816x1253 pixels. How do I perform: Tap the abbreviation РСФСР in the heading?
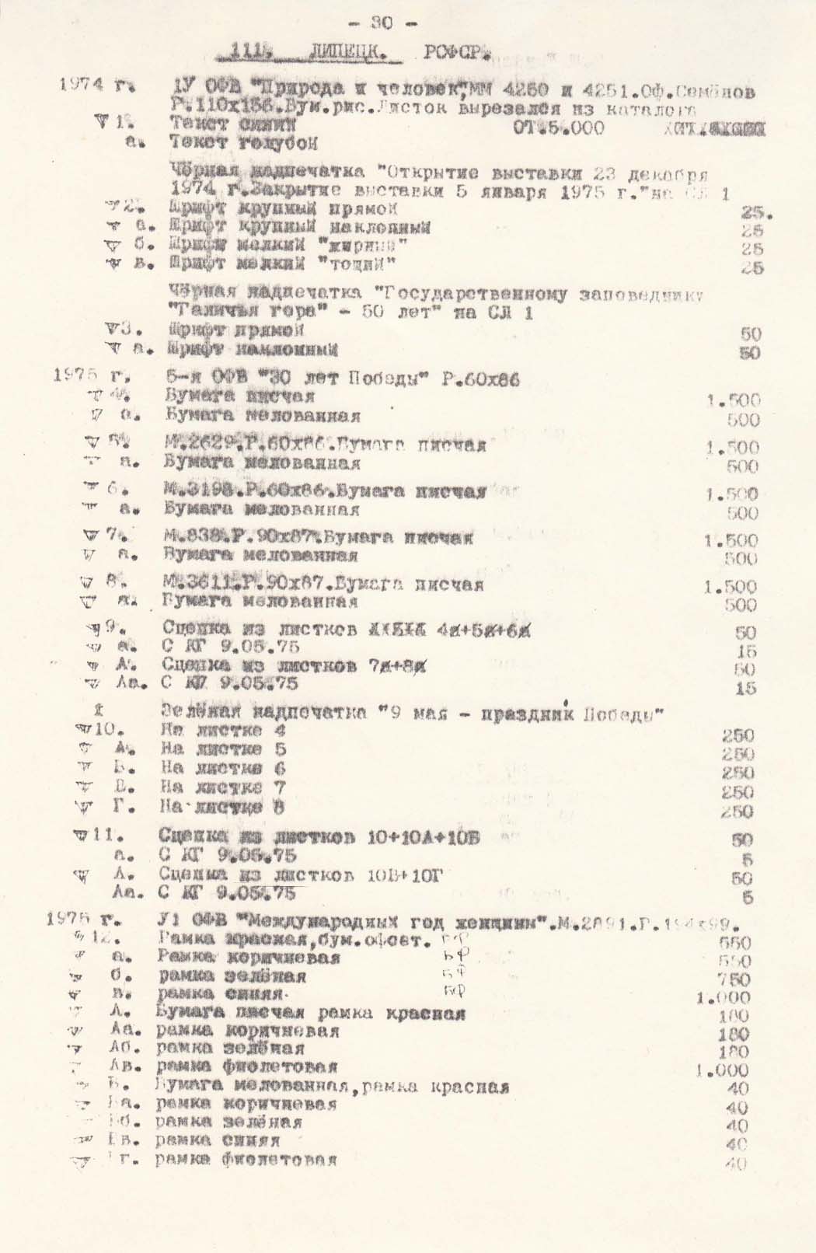pos(456,54)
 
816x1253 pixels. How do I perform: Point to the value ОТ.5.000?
pos(558,127)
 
